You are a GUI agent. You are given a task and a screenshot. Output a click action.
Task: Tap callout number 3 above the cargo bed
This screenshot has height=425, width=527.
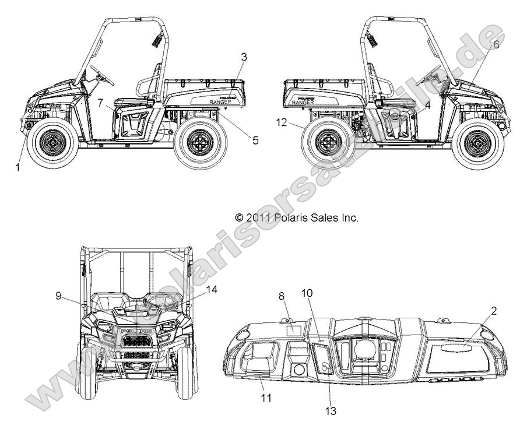tap(244, 57)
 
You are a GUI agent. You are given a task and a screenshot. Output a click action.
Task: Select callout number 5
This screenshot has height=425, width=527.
tap(239, 140)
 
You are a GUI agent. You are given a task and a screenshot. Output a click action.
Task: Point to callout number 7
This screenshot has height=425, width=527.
tap(101, 103)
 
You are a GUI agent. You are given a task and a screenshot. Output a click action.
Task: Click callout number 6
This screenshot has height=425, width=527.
tap(496, 44)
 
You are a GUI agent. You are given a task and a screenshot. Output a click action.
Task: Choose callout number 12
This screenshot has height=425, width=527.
tap(282, 122)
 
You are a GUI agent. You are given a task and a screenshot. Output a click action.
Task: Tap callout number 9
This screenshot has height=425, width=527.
tap(58, 296)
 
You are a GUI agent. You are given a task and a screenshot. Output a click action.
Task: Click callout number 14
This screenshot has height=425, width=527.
tap(212, 289)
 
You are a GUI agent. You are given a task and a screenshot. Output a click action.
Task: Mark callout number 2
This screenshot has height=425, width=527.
tap(494, 311)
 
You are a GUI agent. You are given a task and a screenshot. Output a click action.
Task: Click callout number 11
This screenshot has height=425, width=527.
tap(266, 398)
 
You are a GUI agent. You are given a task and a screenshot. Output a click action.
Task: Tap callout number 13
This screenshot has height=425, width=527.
tap(331, 411)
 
